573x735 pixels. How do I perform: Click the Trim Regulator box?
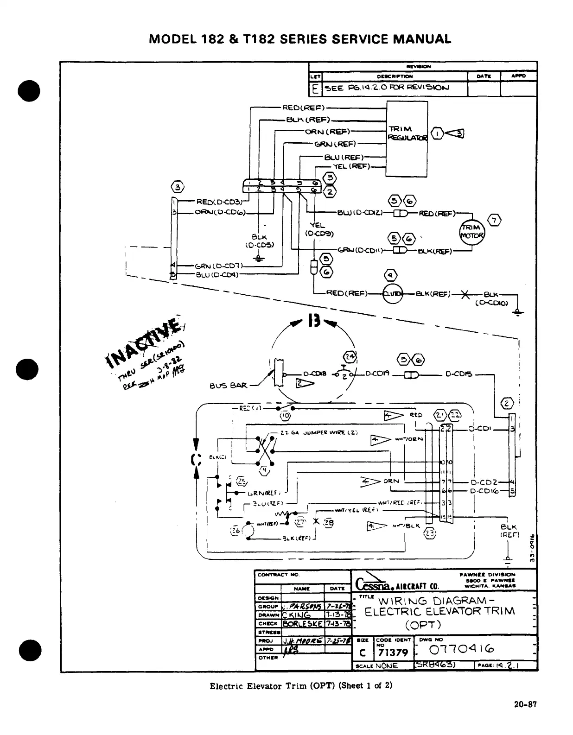(407, 139)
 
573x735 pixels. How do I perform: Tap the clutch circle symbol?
(393, 293)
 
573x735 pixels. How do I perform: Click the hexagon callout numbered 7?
(494, 221)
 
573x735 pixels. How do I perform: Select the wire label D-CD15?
(458, 374)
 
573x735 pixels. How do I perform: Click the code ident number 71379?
(393, 653)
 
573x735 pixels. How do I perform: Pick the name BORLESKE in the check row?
(303, 623)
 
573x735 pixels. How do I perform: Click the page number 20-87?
(525, 704)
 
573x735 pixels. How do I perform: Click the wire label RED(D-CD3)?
(219, 202)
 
